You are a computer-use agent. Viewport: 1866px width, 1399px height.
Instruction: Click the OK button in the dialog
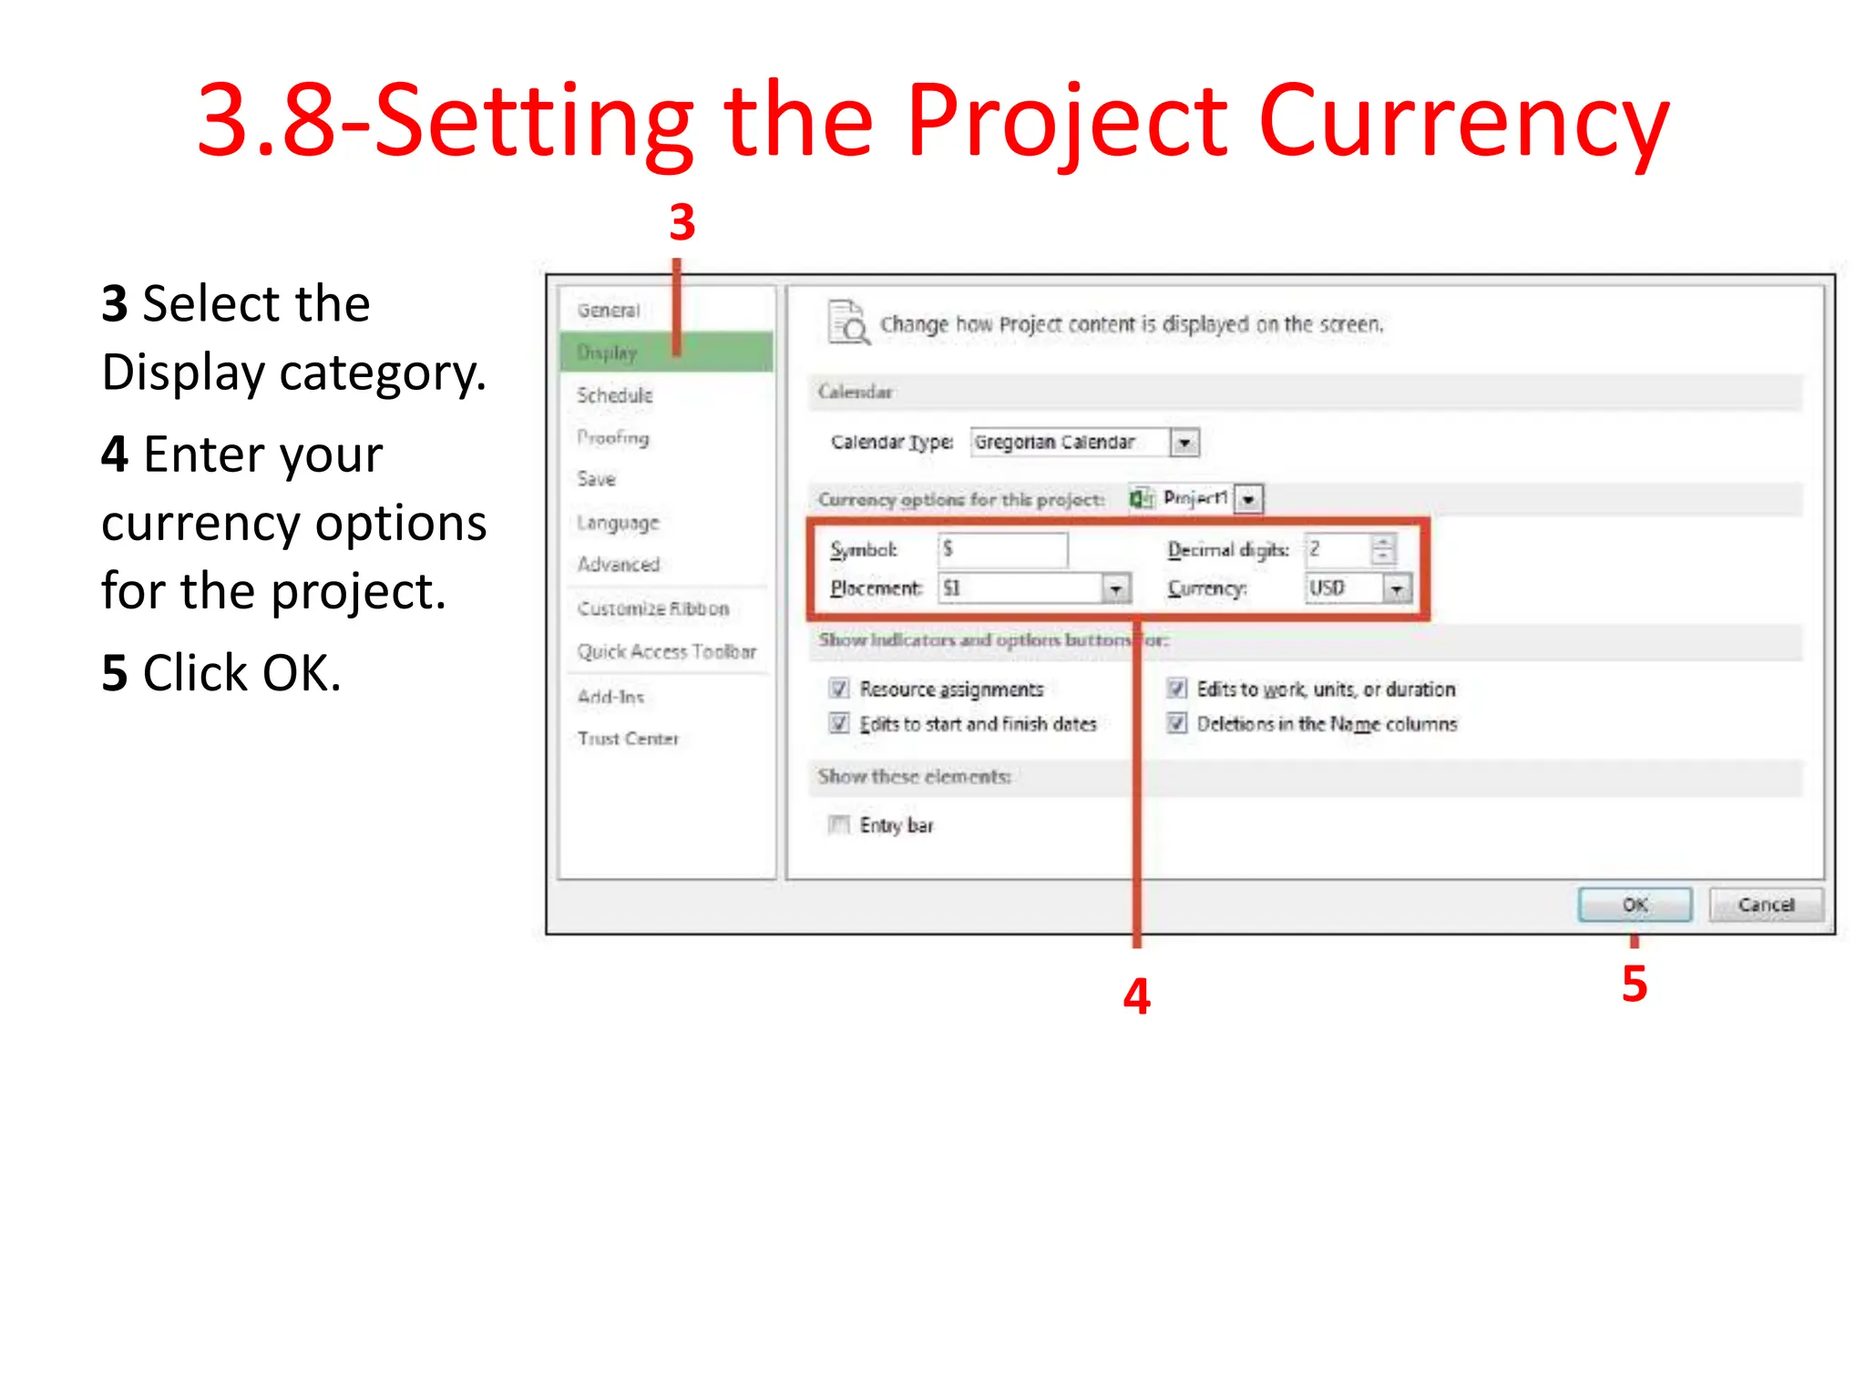1635,904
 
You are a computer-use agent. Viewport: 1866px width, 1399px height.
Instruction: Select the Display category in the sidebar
608,352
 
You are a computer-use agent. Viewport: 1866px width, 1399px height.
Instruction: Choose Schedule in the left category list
615,395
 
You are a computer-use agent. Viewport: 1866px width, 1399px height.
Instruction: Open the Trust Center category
628,739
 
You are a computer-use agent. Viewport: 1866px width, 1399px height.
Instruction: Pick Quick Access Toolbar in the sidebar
667,651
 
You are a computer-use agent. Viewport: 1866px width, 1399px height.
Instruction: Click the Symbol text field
1003,549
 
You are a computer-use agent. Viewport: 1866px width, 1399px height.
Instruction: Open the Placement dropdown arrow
1116,589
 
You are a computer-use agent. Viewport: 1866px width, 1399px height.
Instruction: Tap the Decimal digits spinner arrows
1383,549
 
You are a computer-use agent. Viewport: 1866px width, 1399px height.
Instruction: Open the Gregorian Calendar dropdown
1184,443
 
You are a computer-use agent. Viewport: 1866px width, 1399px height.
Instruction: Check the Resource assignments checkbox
839,689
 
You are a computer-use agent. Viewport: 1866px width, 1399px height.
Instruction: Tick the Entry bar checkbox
839,825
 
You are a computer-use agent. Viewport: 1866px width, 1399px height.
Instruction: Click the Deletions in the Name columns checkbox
1177,724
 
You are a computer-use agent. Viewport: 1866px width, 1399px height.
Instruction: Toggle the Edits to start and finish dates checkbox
839,724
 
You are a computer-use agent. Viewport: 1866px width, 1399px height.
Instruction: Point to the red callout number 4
1136,996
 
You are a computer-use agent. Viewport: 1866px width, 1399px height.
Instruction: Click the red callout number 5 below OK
1635,985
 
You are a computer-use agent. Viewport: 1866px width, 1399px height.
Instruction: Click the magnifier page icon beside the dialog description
848,323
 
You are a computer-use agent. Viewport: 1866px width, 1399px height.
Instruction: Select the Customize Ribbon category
653,608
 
